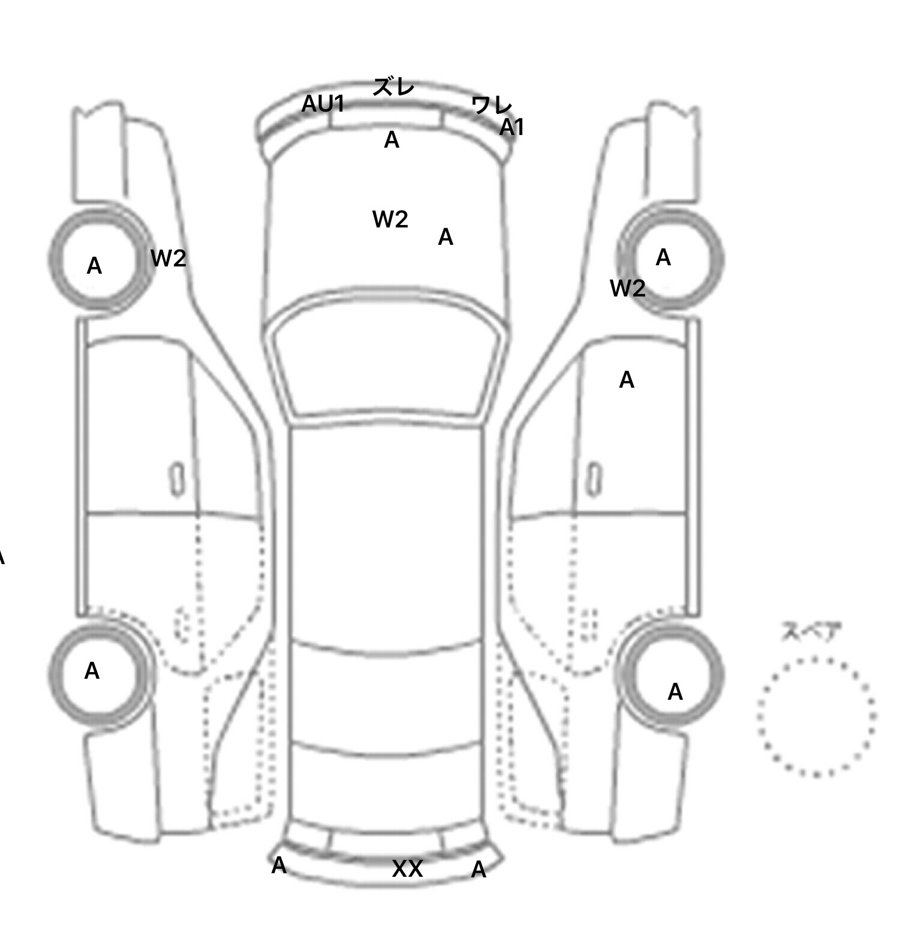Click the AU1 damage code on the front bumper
click(x=323, y=104)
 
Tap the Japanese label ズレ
click(x=393, y=87)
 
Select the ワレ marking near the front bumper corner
click(x=492, y=106)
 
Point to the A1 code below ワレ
click(x=512, y=127)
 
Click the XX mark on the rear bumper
click(x=407, y=869)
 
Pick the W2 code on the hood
click(x=390, y=220)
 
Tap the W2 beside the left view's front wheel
click(x=168, y=259)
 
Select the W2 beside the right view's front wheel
click(x=628, y=289)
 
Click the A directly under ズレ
click(x=392, y=140)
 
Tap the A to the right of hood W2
click(x=446, y=238)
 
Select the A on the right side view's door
click(x=627, y=380)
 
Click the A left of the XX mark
click(x=279, y=865)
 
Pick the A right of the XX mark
click(x=478, y=870)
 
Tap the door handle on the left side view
click(x=177, y=480)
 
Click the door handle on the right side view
click(x=594, y=480)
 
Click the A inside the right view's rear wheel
click(x=675, y=693)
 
